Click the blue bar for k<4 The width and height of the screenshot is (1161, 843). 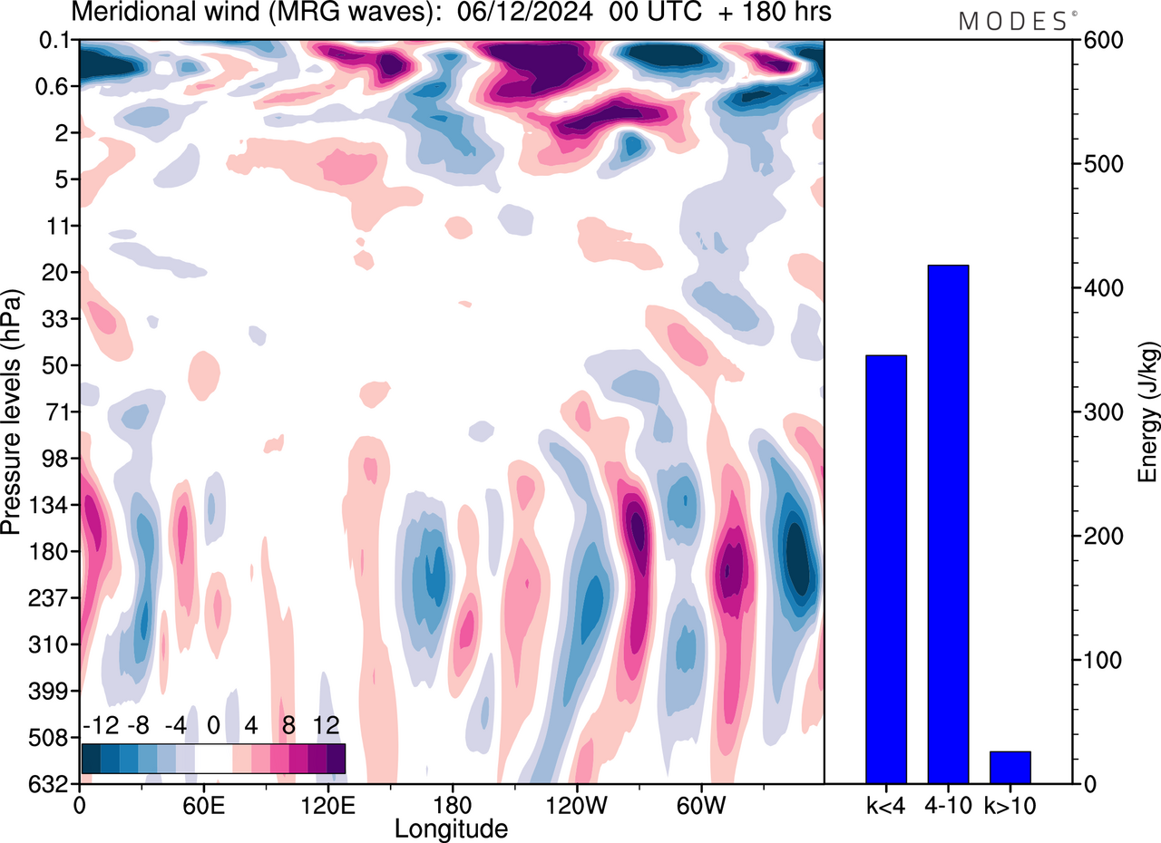tap(886, 569)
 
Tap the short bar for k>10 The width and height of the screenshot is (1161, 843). tap(1010, 767)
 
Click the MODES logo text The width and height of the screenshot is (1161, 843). tap(1012, 22)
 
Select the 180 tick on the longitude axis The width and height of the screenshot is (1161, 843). tap(453, 803)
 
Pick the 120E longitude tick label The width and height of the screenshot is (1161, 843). tap(328, 803)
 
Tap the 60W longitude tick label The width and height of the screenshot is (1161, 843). tap(700, 803)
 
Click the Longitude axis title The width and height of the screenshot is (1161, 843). tap(451, 827)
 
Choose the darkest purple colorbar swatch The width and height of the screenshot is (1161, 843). tap(336, 758)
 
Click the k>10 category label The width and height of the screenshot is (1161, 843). tap(1010, 803)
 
